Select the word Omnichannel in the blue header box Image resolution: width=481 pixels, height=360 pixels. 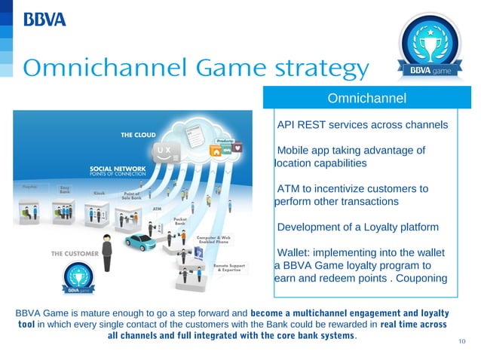tap(367, 99)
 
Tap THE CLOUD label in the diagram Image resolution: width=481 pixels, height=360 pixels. tap(139, 136)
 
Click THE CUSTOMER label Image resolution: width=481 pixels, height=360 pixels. tap(74, 254)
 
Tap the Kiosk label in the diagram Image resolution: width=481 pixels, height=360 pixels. tap(99, 193)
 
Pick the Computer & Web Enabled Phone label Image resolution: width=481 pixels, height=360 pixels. tap(213, 240)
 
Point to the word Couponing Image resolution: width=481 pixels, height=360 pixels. tap(418, 279)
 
